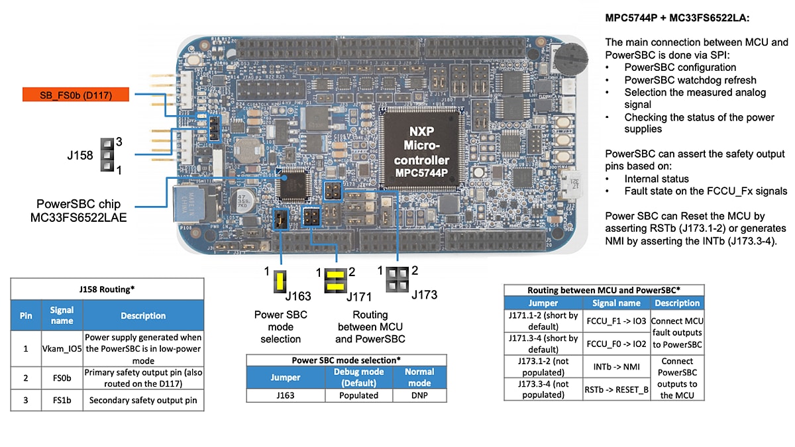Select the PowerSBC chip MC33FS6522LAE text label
(83, 210)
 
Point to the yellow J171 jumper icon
(336, 281)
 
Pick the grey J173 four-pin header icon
(397, 278)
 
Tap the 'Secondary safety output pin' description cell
(143, 400)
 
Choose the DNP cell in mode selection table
(419, 395)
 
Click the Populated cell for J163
(358, 395)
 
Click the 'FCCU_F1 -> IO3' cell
(616, 320)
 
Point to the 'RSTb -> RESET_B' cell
(616, 389)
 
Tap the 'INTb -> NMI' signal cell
(616, 366)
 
